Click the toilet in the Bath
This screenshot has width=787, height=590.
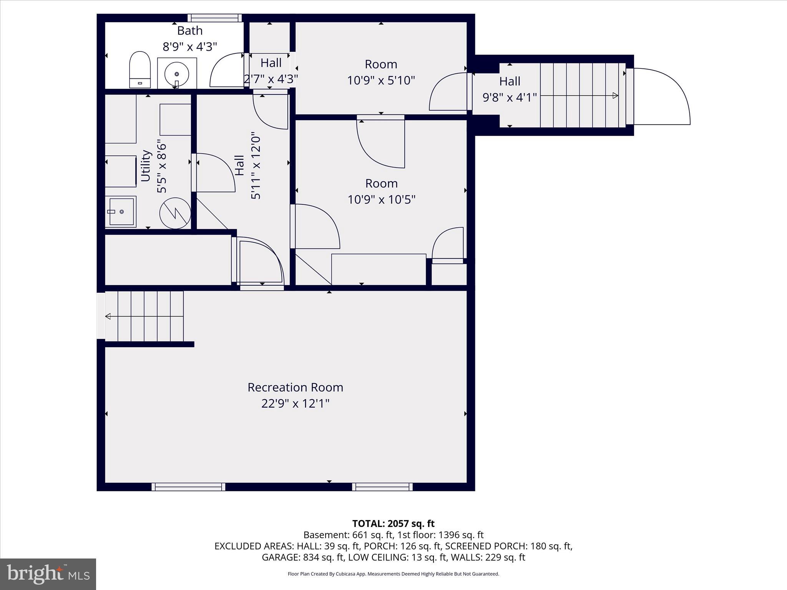coord(139,70)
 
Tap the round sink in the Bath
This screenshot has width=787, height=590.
coord(177,73)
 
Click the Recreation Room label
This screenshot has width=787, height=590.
coord(295,387)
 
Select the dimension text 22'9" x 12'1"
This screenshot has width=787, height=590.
coord(295,404)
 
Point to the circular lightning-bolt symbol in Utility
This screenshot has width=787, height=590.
coord(175,213)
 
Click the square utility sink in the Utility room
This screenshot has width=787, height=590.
coord(121,212)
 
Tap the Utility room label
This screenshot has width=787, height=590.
coord(146,166)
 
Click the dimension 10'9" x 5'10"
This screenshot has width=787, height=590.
coord(381,81)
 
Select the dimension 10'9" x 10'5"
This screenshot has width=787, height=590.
coord(381,200)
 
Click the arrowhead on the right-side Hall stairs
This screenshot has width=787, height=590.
coord(615,96)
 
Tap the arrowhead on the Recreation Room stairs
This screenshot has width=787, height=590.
coord(108,316)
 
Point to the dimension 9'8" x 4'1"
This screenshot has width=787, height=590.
coord(510,98)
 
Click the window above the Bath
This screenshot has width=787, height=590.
coord(215,18)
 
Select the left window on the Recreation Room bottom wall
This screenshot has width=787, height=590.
coord(188,487)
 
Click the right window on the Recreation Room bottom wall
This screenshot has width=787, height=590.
coord(382,487)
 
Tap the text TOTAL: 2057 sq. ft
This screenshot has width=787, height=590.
coord(393,524)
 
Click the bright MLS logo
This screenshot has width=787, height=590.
coord(48,574)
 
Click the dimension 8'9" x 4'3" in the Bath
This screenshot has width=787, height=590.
coord(190,47)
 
